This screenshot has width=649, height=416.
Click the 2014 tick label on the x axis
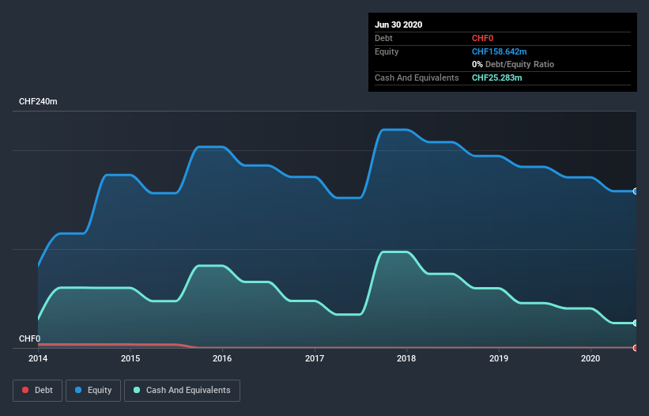click(x=38, y=358)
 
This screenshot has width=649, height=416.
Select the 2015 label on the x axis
click(x=130, y=358)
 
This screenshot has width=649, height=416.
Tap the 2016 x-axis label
click(x=222, y=358)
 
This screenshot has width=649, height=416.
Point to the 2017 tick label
click(x=315, y=358)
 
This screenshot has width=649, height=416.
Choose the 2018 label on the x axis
click(x=406, y=358)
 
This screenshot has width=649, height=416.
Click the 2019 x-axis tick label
click(x=499, y=358)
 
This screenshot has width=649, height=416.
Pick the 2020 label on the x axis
click(x=591, y=358)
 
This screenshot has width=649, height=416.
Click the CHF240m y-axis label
click(x=39, y=102)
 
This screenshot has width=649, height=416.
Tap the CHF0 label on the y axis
click(x=29, y=339)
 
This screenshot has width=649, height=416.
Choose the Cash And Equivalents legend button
click(x=182, y=390)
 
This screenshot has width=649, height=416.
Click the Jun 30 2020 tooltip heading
click(x=398, y=25)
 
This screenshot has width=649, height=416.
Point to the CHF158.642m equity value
click(x=499, y=51)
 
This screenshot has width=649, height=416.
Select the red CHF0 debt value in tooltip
click(x=483, y=38)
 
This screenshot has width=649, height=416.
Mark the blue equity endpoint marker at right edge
click(x=636, y=191)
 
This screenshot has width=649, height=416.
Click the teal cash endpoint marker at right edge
click(x=636, y=323)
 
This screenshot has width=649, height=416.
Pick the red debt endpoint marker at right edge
click(x=636, y=348)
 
